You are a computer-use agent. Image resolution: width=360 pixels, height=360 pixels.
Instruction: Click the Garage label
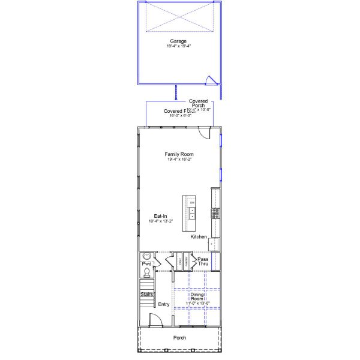pyautogui.click(x=178, y=41)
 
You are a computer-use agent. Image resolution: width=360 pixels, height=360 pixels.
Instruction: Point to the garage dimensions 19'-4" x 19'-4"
pyautogui.click(x=178, y=46)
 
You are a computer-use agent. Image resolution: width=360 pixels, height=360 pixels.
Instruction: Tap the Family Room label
pyautogui.click(x=179, y=154)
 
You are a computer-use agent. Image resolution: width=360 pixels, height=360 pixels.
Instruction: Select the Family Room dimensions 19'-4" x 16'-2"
pyautogui.click(x=179, y=159)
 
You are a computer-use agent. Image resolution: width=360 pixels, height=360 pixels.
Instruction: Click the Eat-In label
pyautogui.click(x=160, y=216)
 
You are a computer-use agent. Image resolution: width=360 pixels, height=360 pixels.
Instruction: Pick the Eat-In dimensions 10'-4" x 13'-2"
pyautogui.click(x=160, y=221)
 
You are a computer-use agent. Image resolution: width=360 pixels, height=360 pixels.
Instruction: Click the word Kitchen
pyautogui.click(x=199, y=237)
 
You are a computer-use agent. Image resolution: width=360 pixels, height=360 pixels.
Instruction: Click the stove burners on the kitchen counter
pyautogui.click(x=215, y=212)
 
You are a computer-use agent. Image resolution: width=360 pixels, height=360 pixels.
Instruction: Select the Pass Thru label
pyautogui.click(x=203, y=262)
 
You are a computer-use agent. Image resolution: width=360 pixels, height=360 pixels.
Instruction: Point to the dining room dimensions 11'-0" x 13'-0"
pyautogui.click(x=197, y=304)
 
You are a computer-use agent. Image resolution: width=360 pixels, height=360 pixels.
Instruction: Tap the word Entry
pyautogui.click(x=163, y=305)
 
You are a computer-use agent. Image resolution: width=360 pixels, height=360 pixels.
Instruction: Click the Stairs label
pyautogui.click(x=147, y=295)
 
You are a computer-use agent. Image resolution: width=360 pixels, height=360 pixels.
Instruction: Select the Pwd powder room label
pyautogui.click(x=146, y=263)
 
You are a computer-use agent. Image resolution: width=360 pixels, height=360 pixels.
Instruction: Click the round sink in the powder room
pyautogui.click(x=145, y=256)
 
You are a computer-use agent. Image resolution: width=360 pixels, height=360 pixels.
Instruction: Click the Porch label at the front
pyautogui.click(x=179, y=338)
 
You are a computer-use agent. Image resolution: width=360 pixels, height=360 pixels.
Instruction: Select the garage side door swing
pyautogui.click(x=209, y=79)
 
